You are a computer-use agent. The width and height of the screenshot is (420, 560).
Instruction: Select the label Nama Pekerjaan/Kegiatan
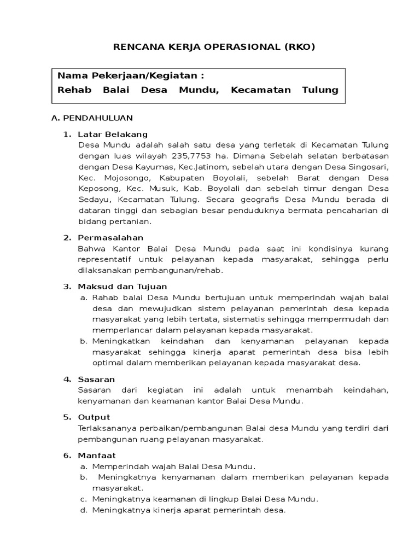click(x=131, y=75)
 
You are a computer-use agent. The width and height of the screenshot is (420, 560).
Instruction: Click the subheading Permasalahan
click(x=110, y=237)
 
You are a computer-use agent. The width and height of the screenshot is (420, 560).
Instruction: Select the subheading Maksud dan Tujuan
click(x=122, y=286)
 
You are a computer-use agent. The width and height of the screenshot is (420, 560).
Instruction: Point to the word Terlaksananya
click(x=109, y=428)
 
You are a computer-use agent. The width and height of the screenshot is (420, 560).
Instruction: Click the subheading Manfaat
click(x=97, y=455)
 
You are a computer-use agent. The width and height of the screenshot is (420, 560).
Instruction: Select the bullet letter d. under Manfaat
click(x=84, y=510)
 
